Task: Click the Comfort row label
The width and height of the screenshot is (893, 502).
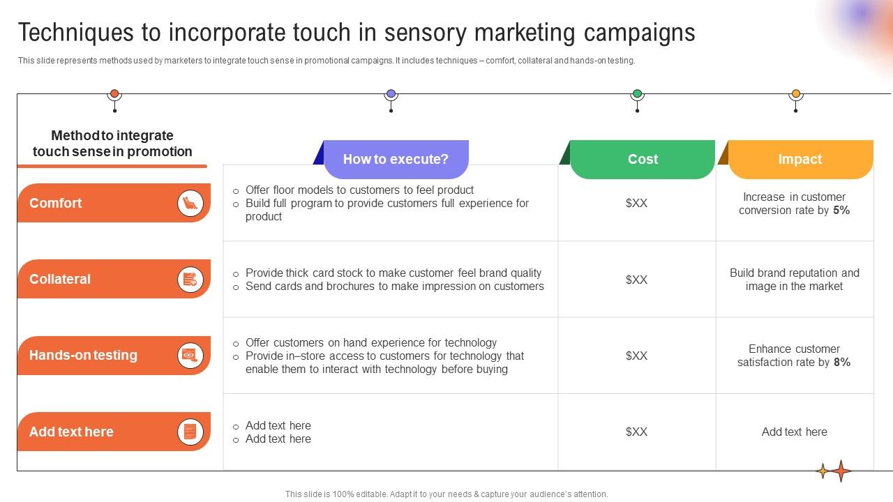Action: point(56,203)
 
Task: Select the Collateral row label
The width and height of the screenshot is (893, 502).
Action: point(60,279)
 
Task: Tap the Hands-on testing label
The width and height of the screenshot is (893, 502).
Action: point(83,355)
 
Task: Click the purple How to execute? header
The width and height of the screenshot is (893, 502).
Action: point(396,159)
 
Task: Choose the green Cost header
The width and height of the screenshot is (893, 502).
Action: point(643,159)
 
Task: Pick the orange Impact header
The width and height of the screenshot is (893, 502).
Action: point(800,159)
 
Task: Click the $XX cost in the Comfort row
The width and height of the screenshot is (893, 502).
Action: point(636,203)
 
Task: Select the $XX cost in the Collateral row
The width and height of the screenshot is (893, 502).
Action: point(636,280)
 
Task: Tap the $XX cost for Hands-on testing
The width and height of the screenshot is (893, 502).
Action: point(636,356)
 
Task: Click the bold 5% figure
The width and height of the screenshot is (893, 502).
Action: point(841,210)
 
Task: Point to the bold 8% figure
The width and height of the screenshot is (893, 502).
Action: point(842,362)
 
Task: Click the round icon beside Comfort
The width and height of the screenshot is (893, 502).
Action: point(190,203)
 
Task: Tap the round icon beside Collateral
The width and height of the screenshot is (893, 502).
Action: point(190,279)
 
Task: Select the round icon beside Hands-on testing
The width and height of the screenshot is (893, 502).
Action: point(190,355)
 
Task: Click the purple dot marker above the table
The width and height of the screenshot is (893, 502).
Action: point(391,93)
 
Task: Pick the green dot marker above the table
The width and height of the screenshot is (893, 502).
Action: point(637,93)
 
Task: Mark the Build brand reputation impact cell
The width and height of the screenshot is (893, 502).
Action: point(795,280)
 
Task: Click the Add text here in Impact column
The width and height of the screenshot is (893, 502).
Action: point(795,432)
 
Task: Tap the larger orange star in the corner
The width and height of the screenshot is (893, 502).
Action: point(841,471)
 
